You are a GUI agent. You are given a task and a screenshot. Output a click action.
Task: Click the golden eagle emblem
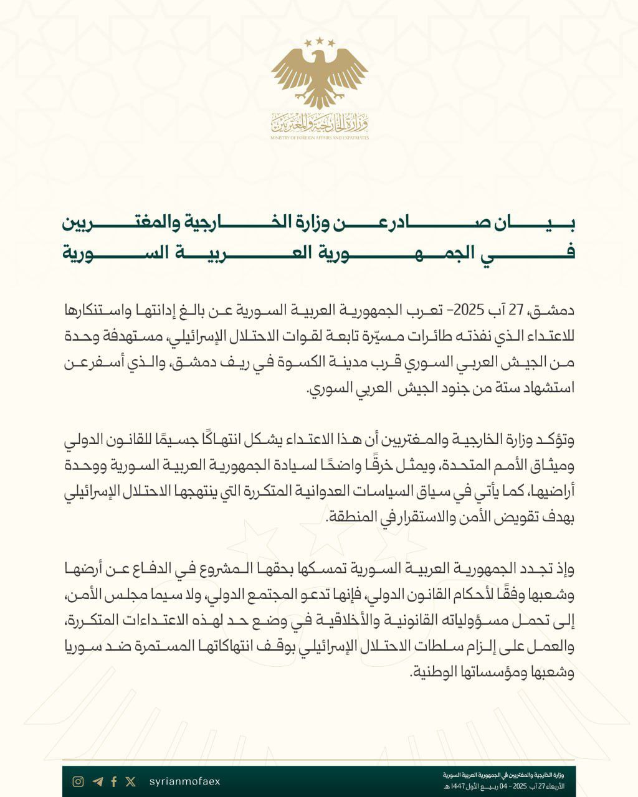click(x=320, y=78)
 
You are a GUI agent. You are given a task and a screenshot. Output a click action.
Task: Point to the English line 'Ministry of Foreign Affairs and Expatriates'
click(x=320, y=137)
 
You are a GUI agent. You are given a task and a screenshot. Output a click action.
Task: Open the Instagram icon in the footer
click(x=78, y=781)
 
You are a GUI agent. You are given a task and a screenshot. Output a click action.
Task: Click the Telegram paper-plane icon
click(x=97, y=781)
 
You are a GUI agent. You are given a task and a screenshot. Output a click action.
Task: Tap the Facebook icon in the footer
click(x=114, y=781)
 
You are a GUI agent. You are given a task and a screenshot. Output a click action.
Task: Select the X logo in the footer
click(x=130, y=781)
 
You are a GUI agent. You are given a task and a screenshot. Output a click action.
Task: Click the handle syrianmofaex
click(x=185, y=781)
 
